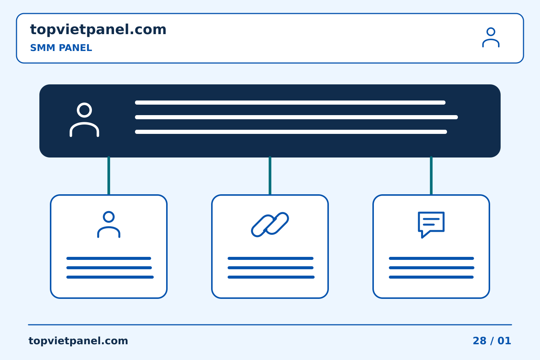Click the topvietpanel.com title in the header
coord(98,30)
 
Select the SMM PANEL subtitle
coord(61,48)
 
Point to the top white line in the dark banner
coord(290,102)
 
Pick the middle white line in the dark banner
coord(296,117)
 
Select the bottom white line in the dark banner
coord(291,132)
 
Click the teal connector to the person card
coord(109,175)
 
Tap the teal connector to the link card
coord(270,175)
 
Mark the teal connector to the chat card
coord(431,175)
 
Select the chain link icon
coord(270,225)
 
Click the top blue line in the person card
coord(109,258)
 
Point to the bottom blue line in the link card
coord(271,277)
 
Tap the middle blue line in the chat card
coord(432,268)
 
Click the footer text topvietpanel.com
coord(78,341)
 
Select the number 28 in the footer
coord(480,341)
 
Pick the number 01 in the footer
coord(504,341)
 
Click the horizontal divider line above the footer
coord(270,325)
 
